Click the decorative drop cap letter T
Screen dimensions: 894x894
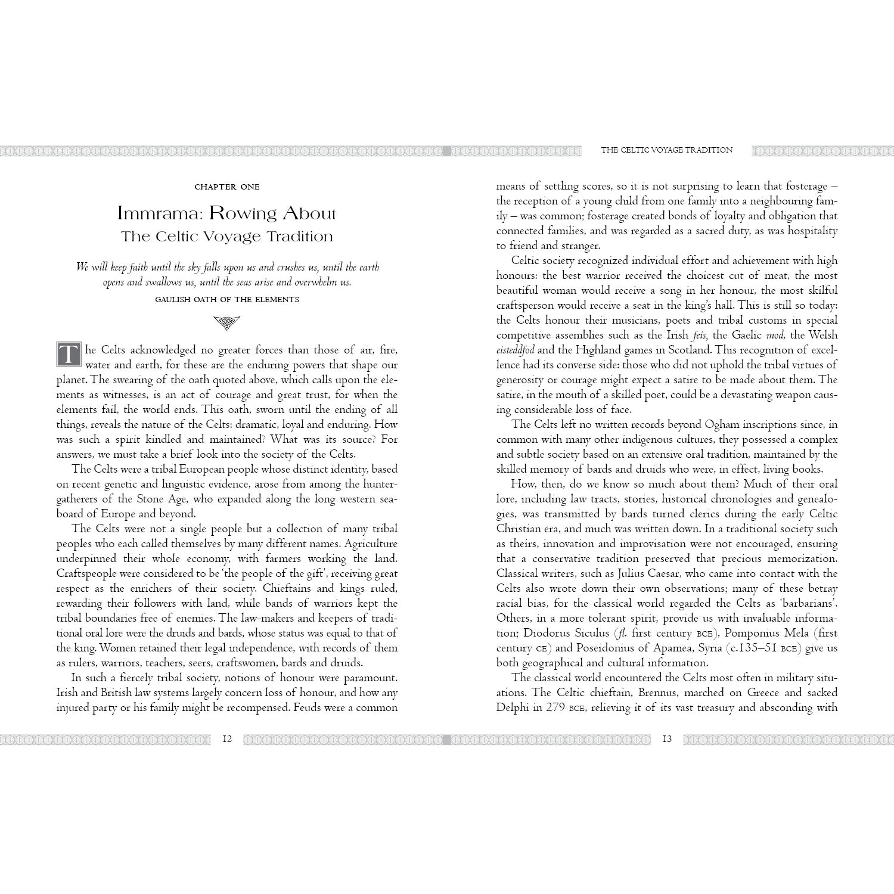[69, 355]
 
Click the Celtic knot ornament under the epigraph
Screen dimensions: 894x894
[227, 324]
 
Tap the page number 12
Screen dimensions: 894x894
[227, 739]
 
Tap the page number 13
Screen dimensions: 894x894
[667, 739]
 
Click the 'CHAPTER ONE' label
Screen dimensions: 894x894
[227, 187]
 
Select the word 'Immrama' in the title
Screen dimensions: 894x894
[151, 213]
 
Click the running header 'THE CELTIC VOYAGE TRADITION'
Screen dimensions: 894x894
[666, 150]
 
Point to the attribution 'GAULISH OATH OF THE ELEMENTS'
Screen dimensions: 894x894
[227, 299]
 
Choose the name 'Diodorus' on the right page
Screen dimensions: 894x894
[548, 633]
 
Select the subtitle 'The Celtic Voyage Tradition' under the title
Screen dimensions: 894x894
[227, 237]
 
